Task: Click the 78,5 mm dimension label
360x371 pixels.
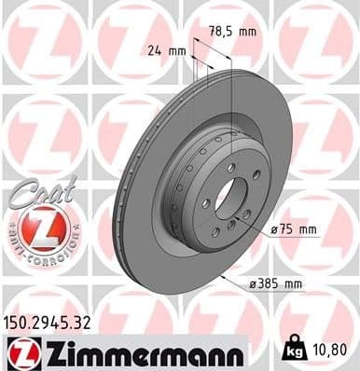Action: pos(232,33)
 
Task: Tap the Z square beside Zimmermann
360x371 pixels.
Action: pos(19,352)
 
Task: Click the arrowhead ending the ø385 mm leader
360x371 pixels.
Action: pos(224,277)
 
